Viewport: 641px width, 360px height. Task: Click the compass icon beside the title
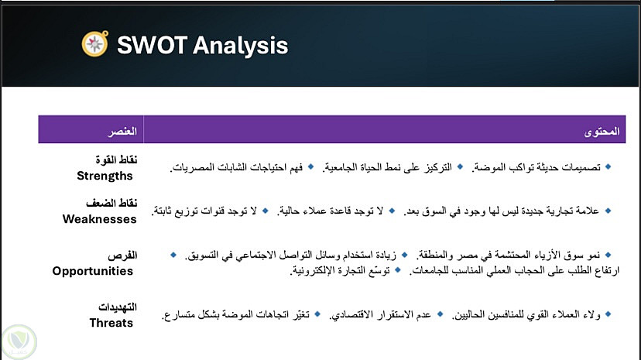pos(95,43)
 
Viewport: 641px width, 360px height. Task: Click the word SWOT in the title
pos(152,45)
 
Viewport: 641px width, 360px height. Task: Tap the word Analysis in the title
pos(240,46)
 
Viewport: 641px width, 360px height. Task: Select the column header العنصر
pos(122,131)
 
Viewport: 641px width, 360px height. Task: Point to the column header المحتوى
pos(602,131)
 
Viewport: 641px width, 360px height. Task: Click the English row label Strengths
pos(105,176)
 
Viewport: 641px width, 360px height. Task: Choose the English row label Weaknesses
pos(99,219)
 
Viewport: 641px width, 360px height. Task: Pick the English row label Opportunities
pos(92,271)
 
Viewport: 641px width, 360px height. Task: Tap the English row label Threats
pos(111,323)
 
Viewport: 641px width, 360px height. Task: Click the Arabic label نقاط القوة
pos(116,159)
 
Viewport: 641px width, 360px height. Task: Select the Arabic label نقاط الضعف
pos(111,203)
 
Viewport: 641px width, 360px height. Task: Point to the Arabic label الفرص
pos(122,255)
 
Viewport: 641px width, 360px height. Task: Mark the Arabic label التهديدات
pos(118,307)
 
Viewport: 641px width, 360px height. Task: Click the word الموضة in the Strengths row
pos(486,167)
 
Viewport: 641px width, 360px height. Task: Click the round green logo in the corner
pos(19,341)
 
